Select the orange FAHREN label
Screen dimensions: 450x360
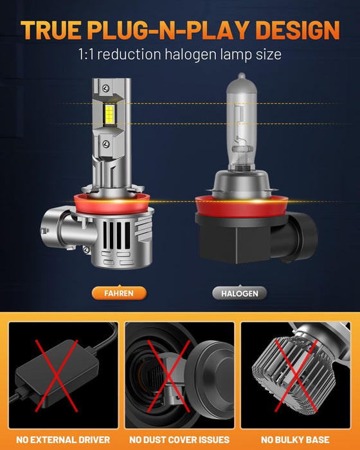point(120,293)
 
